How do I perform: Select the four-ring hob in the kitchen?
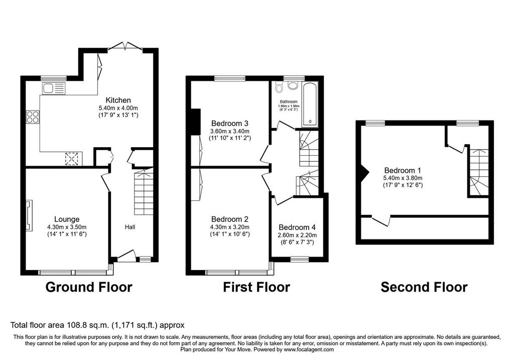[x=33, y=117]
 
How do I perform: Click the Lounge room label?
[x=67, y=219]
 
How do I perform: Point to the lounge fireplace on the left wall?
[x=29, y=216]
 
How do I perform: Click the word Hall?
[x=130, y=227]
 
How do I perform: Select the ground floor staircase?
[x=144, y=191]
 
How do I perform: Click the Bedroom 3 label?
[x=229, y=124]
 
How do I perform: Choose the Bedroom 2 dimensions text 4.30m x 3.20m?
[x=230, y=227]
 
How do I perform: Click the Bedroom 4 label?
[x=297, y=227]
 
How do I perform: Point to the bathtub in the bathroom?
[x=310, y=105]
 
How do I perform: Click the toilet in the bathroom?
[x=280, y=86]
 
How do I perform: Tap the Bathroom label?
[x=289, y=101]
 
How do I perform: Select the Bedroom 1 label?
[x=403, y=171]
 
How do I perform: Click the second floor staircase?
[x=479, y=172]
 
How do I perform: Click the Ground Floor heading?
[x=89, y=287]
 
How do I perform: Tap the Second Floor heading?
[x=424, y=287]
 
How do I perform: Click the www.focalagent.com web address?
[x=309, y=349]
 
